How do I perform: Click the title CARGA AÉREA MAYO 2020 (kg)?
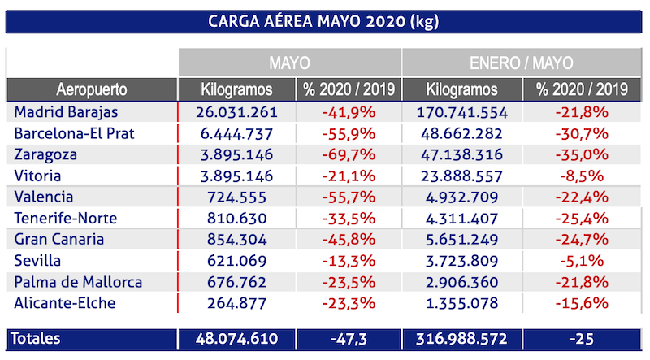[x=324, y=20]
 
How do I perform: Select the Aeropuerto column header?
[x=92, y=89]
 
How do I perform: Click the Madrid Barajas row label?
[x=67, y=111]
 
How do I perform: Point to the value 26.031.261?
[x=237, y=111]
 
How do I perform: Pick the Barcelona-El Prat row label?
[x=74, y=132]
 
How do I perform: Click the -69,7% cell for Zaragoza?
[x=349, y=154]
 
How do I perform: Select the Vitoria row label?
[x=38, y=175]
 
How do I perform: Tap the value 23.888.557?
[x=461, y=175]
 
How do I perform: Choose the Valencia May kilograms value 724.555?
[x=237, y=197]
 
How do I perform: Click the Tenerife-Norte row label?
[x=66, y=218]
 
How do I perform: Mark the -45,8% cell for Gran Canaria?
[x=349, y=240]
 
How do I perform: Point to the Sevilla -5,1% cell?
[x=583, y=261]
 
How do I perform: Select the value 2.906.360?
[x=461, y=282]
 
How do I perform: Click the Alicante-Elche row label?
[x=65, y=304]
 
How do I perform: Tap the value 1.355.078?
[x=461, y=304]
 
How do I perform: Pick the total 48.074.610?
[x=237, y=339]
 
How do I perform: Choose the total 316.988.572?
[x=461, y=339]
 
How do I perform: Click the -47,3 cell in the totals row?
[x=349, y=339]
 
